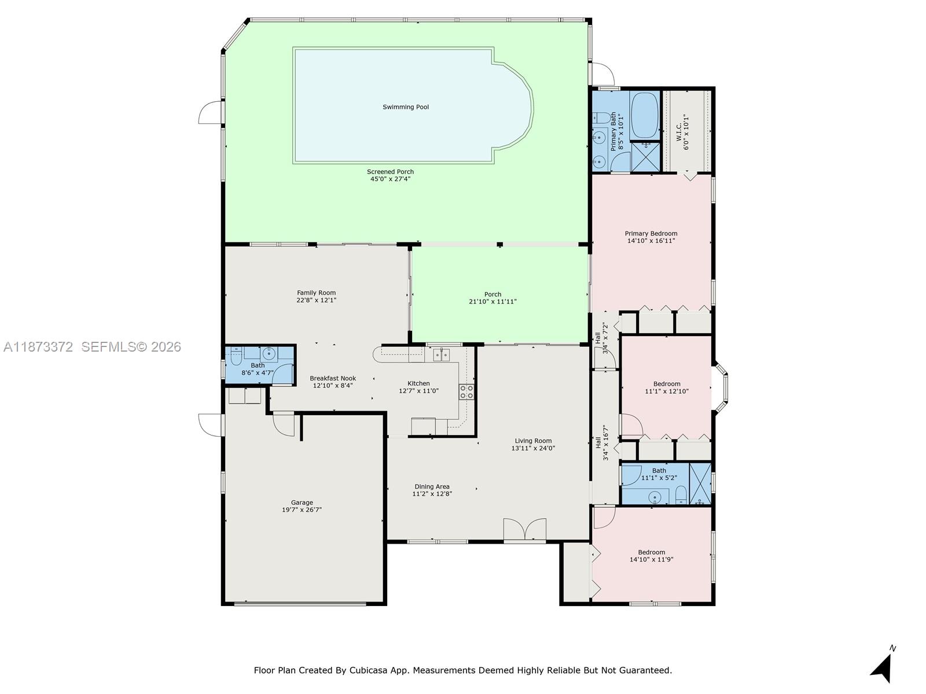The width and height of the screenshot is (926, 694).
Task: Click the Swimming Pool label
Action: point(406,107)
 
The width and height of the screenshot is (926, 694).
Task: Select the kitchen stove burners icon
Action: point(466,392)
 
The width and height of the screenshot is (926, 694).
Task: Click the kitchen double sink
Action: point(441,355)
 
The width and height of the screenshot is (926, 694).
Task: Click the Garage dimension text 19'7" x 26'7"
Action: point(302,510)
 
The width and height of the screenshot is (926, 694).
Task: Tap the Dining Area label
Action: point(432,486)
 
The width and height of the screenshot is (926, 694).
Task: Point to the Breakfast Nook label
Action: point(333,378)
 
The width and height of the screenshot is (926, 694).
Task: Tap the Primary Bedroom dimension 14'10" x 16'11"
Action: point(651,241)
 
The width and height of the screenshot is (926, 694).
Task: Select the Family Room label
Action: point(316,293)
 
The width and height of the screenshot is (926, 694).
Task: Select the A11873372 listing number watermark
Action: point(38,347)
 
